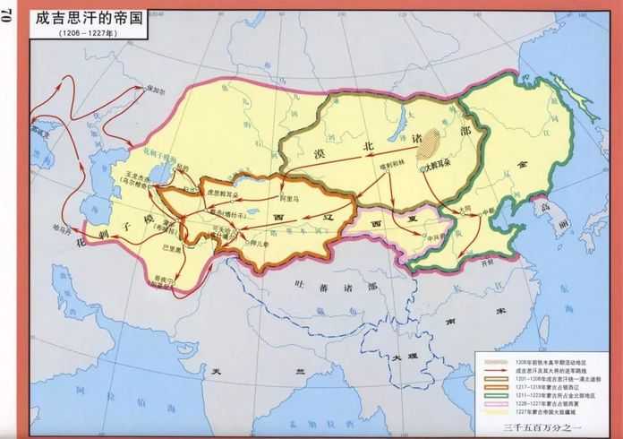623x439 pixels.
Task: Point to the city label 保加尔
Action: point(157,90)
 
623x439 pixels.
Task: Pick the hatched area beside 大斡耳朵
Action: point(434,143)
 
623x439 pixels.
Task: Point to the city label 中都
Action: point(487,212)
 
